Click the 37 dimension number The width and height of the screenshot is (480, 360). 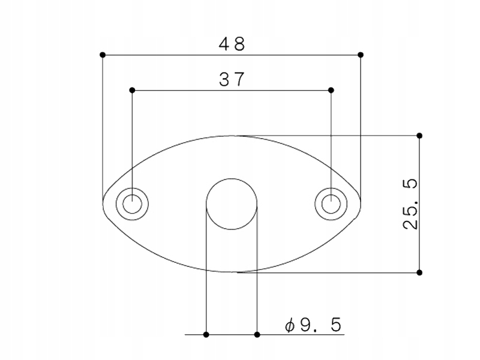click(x=232, y=79)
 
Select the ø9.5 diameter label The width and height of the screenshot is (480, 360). click(x=313, y=325)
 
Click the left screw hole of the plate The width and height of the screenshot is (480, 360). click(x=132, y=204)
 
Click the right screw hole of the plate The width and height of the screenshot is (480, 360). click(x=331, y=204)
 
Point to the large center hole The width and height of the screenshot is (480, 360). click(x=232, y=204)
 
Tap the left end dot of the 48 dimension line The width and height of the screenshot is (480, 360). click(x=103, y=55)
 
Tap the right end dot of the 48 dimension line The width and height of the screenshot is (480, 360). click(x=361, y=55)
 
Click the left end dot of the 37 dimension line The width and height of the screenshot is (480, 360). click(x=132, y=90)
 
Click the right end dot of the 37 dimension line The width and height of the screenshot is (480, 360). click(x=331, y=90)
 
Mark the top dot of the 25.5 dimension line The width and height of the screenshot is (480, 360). click(x=419, y=136)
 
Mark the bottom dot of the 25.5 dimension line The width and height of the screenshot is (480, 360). click(x=419, y=272)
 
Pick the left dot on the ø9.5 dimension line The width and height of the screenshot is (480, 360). click(x=206, y=334)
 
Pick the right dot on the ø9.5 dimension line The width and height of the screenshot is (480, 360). click(x=257, y=334)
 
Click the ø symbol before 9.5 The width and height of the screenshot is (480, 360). click(x=289, y=326)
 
